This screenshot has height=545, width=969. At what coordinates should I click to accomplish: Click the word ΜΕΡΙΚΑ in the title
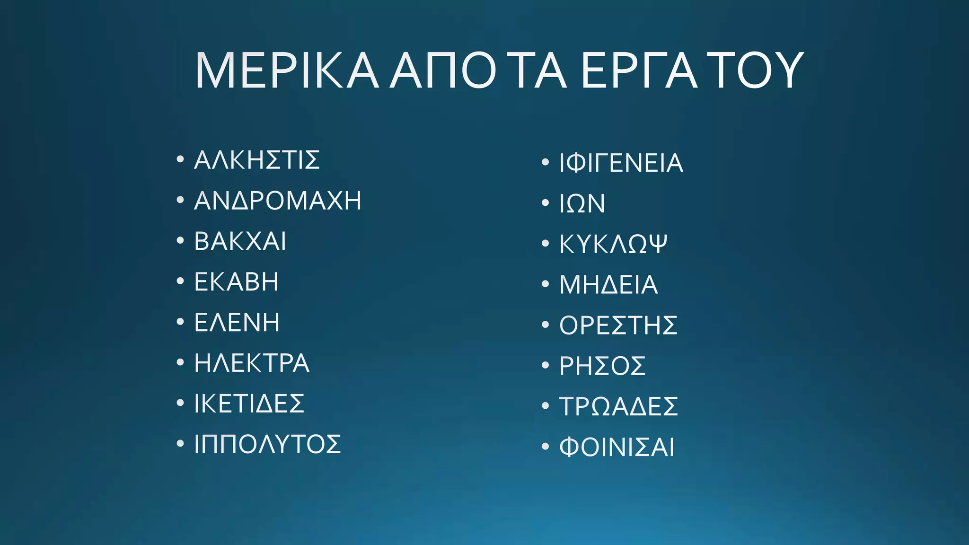287,71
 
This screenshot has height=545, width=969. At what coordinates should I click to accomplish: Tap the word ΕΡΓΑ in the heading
639,71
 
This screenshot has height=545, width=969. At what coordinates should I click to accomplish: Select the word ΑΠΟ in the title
443,71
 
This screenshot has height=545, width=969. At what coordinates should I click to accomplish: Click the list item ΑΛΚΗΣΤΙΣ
257,160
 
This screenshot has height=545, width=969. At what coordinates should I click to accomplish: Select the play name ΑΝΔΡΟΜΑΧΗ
278,201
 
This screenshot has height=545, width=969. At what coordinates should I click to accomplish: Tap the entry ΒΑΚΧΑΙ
240,241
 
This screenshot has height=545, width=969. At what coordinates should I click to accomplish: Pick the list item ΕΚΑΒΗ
237,282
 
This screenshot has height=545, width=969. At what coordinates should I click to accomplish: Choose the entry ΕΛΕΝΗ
237,323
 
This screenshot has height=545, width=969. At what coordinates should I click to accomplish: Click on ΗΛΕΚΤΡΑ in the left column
252,363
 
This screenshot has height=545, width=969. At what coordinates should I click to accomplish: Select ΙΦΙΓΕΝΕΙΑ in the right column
621,163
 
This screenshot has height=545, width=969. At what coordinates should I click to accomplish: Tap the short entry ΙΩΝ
582,204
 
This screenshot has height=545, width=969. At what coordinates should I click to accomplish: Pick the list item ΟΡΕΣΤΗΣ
618,325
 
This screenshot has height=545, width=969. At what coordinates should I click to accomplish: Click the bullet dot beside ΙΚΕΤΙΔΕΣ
180,403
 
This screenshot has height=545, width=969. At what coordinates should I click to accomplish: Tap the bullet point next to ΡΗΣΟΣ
545,365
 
